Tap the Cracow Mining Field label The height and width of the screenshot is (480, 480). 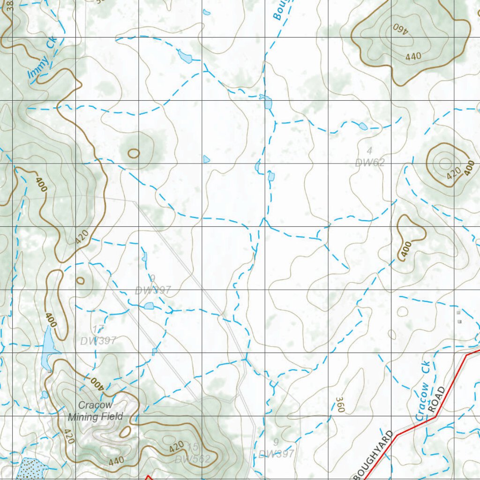[x=95, y=411]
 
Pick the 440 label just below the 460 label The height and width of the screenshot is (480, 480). [x=413, y=56]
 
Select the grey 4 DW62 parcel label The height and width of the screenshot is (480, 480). [x=369, y=157]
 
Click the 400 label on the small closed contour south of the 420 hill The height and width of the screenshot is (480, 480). [x=405, y=249]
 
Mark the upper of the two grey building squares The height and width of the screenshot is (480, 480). [x=458, y=312]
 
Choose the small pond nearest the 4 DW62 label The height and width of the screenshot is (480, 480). [x=363, y=126]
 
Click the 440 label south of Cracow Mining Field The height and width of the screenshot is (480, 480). [x=116, y=461]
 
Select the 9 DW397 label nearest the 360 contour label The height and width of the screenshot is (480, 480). [x=276, y=449]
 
